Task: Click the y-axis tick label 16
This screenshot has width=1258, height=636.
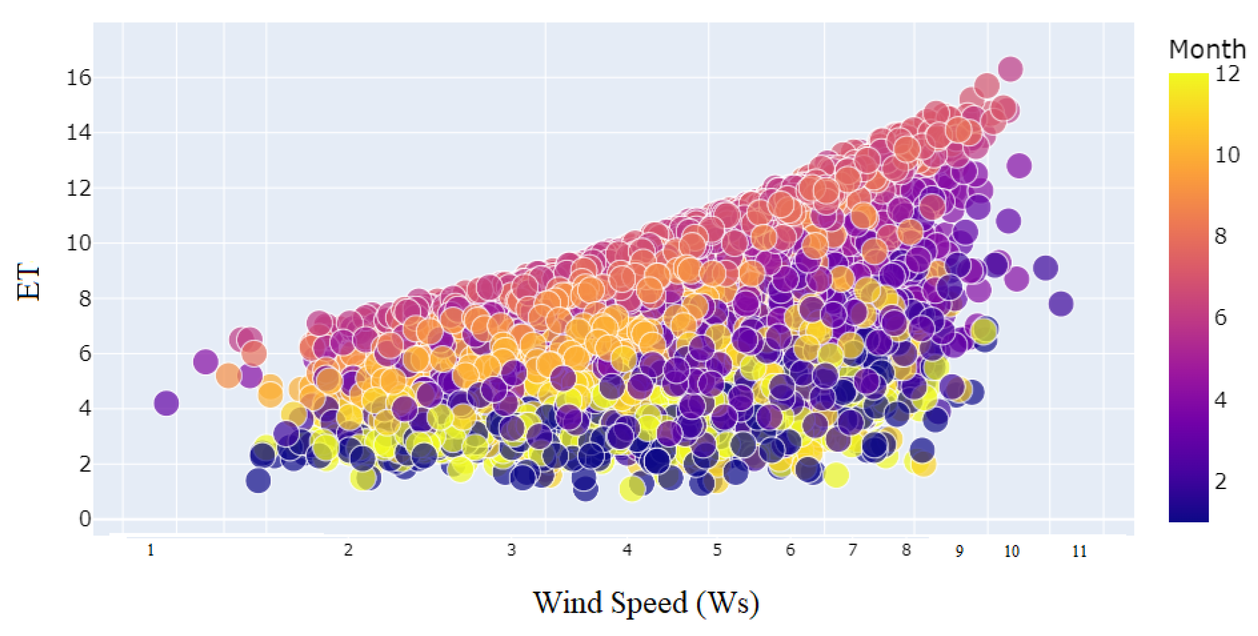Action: click(79, 78)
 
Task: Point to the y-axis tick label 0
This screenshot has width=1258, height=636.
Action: click(85, 519)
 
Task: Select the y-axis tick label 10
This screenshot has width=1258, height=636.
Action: click(79, 243)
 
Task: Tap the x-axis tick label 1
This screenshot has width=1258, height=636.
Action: click(150, 551)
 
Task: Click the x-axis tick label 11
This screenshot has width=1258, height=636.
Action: click(1079, 552)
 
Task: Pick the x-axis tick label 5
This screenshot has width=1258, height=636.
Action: click(716, 551)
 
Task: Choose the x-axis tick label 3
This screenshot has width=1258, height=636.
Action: click(511, 551)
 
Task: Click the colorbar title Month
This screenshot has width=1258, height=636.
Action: click(1207, 49)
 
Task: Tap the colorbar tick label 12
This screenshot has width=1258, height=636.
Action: click(1227, 74)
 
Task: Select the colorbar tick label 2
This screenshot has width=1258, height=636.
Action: click(1221, 482)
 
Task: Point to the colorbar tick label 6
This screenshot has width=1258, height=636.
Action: click(1221, 318)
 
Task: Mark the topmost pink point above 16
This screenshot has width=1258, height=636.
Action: click(1010, 69)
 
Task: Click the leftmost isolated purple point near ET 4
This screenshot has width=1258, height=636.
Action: click(166, 403)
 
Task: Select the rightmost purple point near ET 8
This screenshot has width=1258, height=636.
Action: click(1060, 304)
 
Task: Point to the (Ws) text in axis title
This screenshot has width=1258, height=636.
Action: click(728, 603)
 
